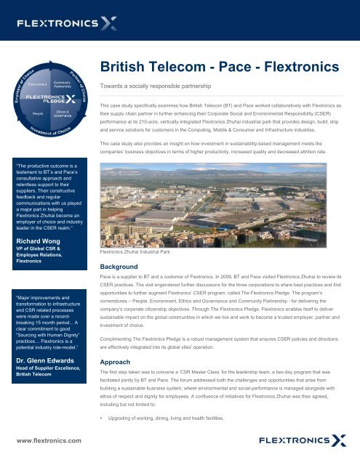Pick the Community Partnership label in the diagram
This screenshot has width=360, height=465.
point(64,85)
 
